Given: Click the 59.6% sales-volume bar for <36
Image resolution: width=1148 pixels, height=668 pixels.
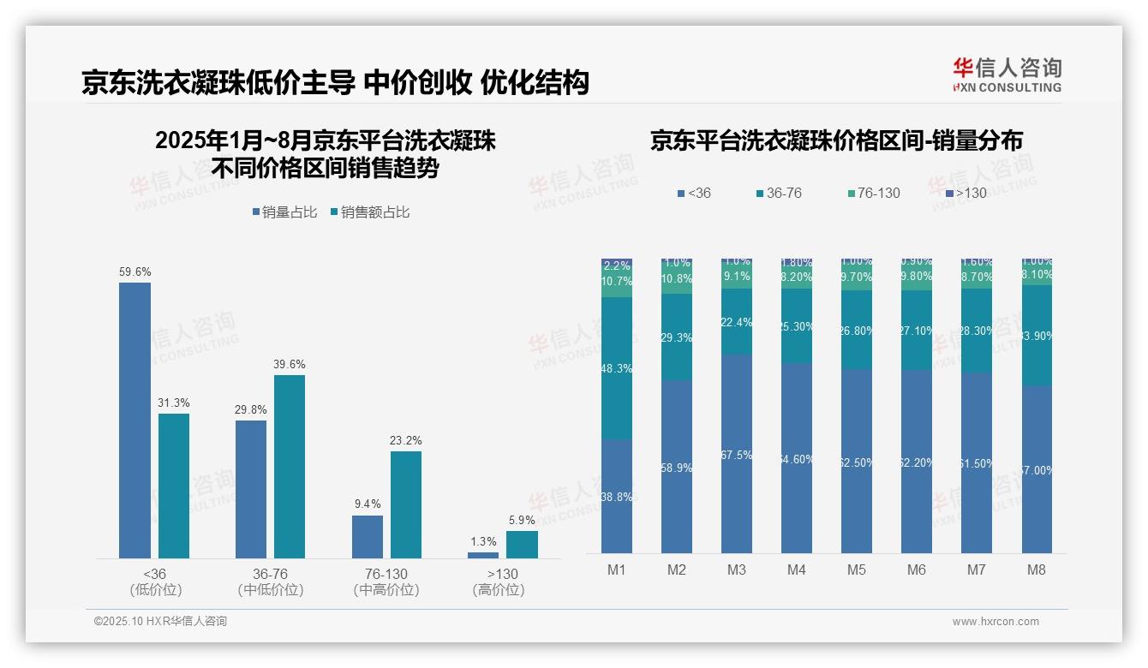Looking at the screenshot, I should pyautogui.click(x=135, y=420).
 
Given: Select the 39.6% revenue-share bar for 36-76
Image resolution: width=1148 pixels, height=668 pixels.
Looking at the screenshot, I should pyautogui.click(x=290, y=467).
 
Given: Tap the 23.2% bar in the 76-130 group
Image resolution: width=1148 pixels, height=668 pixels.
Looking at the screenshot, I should pyautogui.click(x=406, y=504).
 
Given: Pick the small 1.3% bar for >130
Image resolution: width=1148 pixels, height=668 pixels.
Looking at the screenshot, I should pyautogui.click(x=483, y=555).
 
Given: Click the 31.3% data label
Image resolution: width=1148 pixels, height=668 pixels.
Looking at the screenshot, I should pyautogui.click(x=174, y=403).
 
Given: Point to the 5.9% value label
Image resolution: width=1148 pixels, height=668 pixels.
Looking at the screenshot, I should pyautogui.click(x=522, y=520).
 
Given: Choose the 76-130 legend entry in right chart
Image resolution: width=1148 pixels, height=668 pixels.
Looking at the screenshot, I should pyautogui.click(x=873, y=193).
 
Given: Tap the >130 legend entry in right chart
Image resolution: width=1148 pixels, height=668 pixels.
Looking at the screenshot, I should pyautogui.click(x=966, y=193).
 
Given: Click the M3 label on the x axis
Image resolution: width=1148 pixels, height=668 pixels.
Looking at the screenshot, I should pyautogui.click(x=737, y=570).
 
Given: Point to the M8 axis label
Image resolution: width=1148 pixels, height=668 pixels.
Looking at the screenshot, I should pyautogui.click(x=1037, y=570).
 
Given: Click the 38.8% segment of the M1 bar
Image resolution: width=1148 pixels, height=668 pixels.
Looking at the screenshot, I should pyautogui.click(x=617, y=497).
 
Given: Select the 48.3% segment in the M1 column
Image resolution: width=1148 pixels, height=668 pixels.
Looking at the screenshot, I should pyautogui.click(x=617, y=369).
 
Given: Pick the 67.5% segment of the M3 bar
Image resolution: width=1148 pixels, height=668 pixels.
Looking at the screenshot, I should pyautogui.click(x=737, y=454).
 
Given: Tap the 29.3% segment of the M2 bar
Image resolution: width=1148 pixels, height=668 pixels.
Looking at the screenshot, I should pyautogui.click(x=677, y=337).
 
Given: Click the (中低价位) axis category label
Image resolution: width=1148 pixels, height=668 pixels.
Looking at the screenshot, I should pyautogui.click(x=271, y=590).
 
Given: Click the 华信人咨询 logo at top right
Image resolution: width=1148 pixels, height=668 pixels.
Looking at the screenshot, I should pyautogui.click(x=1007, y=75).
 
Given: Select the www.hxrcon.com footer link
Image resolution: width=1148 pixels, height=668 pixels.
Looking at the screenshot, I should pyautogui.click(x=996, y=622).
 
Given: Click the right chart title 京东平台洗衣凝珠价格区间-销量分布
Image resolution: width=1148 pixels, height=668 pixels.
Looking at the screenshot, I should pyautogui.click(x=836, y=141).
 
